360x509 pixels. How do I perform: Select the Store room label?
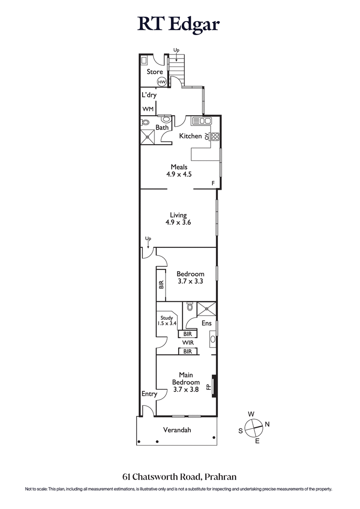pos(154,72)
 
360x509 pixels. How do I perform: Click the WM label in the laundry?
pos(148,109)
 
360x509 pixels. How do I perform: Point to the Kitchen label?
pos(190,136)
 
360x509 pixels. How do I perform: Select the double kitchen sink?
pos(202,121)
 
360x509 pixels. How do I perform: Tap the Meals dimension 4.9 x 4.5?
pos(178,174)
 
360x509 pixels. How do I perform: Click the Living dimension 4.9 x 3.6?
pos(178,222)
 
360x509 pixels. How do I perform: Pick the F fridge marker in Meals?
pos(213,183)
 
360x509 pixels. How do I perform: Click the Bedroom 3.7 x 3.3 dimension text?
pos(190,281)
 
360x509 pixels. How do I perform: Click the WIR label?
pos(188,343)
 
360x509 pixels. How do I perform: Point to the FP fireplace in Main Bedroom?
pos(209,387)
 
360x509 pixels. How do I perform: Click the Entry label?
pos(149,394)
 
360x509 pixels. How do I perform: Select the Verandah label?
pos(177,430)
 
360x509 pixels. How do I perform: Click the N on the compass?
pos(267,424)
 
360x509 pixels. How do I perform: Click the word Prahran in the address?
pos(221,477)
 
